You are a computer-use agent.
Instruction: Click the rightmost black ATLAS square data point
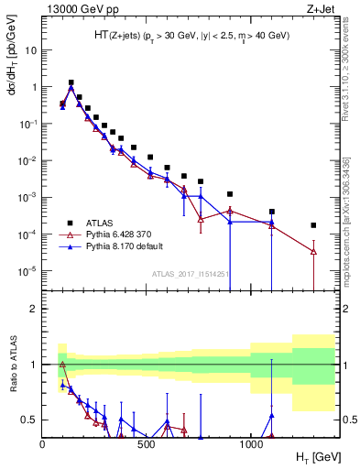pos(313,224)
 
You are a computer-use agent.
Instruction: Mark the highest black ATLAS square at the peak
pos(71,82)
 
